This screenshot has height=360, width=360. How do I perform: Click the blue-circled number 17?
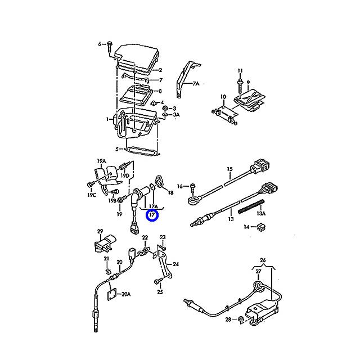tap(152, 215)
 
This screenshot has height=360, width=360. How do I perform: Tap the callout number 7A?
tap(196, 84)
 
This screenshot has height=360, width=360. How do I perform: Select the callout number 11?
tap(240, 70)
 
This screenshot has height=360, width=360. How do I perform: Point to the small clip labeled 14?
tap(260, 227)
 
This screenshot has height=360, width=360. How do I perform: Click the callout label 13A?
tap(261, 214)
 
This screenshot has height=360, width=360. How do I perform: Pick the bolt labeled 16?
tap(193, 187)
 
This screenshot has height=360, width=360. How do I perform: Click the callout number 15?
tap(229, 169)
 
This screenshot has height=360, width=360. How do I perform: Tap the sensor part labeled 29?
tap(105, 244)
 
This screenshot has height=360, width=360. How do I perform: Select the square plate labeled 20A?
tap(111, 294)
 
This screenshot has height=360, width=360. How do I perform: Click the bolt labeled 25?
tap(159, 281)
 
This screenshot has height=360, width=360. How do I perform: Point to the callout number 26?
tap(263, 260)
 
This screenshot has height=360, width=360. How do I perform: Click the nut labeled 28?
tap(241, 320)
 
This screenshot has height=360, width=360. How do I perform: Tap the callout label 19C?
tap(92, 195)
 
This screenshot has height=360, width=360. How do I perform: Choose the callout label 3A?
tap(176, 114)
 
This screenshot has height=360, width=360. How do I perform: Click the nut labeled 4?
tap(154, 102)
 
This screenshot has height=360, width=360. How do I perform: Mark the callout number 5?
tap(117, 149)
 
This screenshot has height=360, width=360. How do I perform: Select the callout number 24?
tap(175, 264)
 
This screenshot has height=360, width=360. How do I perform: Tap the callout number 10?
tap(223, 97)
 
